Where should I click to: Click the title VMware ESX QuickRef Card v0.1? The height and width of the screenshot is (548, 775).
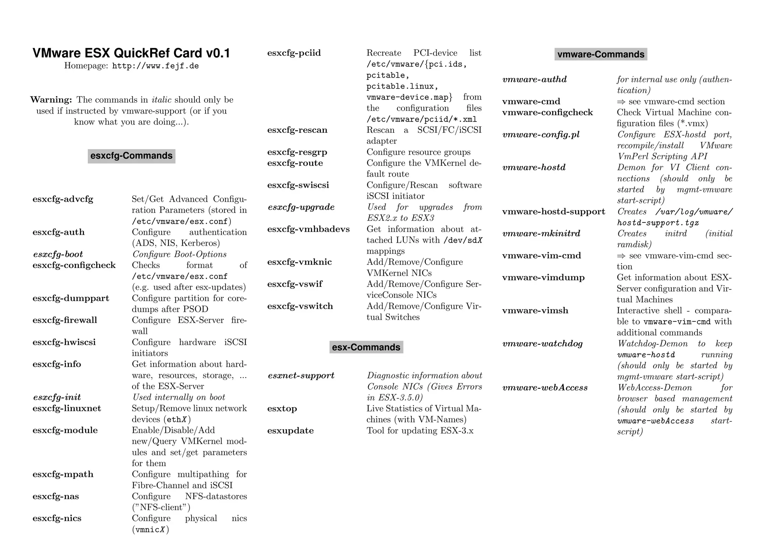tap(131, 53)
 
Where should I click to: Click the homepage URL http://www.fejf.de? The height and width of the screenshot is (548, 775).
tap(156, 66)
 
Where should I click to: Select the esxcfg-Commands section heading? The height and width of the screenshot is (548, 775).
tap(131, 156)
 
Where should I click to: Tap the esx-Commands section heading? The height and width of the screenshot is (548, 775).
tap(366, 347)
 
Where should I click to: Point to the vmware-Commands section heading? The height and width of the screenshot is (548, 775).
tap(601, 54)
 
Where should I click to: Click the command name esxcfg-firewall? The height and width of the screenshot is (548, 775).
tap(65, 320)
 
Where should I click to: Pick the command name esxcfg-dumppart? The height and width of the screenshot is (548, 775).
tap(71, 298)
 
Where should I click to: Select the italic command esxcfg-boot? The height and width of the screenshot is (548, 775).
tap(58, 254)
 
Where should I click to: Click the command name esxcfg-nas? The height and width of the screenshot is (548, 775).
tap(56, 497)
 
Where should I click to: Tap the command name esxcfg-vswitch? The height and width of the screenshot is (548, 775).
tap(300, 306)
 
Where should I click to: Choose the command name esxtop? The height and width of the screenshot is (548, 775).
tap(282, 409)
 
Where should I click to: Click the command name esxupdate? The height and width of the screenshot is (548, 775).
tap(290, 431)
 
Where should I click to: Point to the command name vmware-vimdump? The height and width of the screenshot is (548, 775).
tap(543, 277)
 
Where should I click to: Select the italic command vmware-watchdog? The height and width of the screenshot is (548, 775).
tap(542, 344)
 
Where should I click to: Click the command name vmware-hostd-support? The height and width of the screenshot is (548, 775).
tap(554, 212)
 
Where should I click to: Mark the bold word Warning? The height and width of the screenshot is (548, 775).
tap(51, 100)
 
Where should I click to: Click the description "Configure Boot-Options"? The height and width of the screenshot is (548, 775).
tap(179, 254)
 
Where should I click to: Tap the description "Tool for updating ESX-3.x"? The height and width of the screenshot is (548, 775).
tap(420, 431)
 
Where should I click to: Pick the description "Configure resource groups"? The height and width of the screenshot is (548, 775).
tap(419, 152)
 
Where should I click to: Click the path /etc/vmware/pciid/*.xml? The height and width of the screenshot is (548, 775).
tap(422, 119)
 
